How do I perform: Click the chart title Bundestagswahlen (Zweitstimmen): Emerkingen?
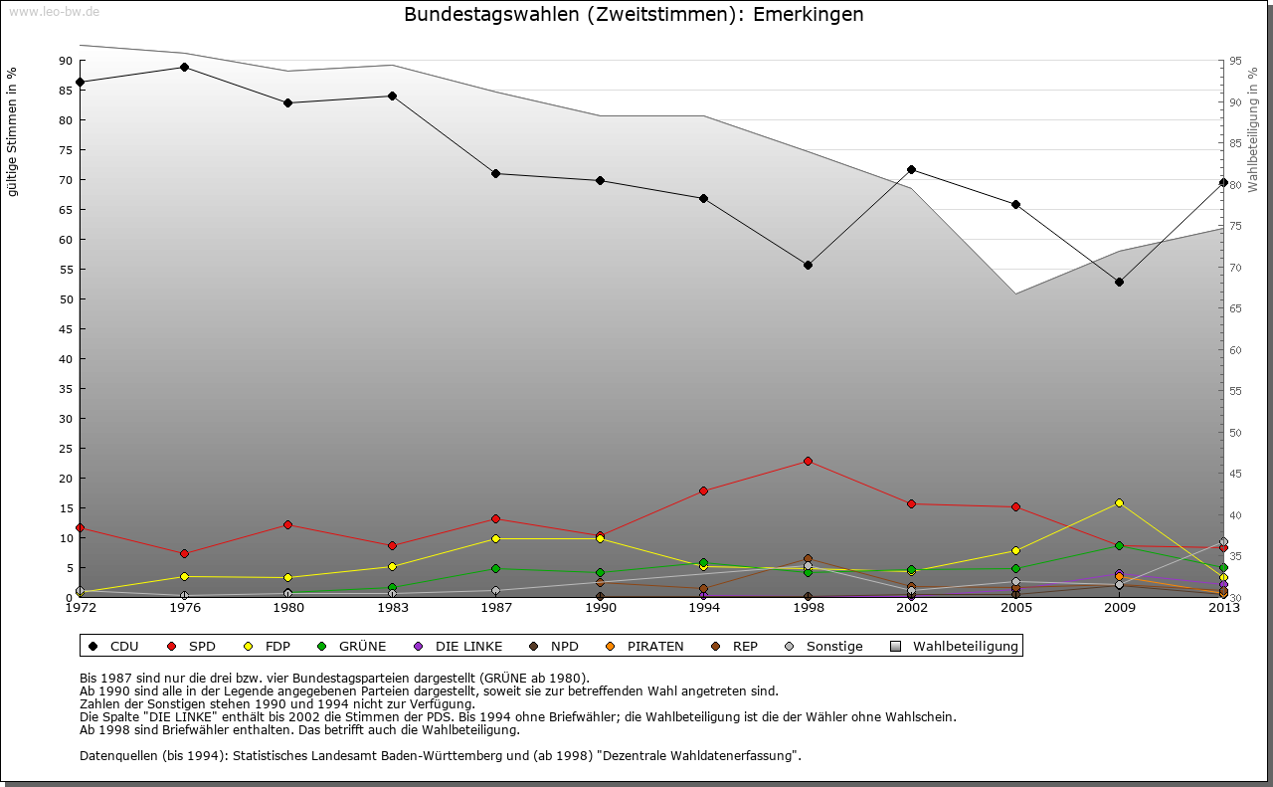click(635, 15)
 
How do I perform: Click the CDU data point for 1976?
click(184, 67)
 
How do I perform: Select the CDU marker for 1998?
click(808, 265)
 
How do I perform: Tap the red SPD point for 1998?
click(808, 461)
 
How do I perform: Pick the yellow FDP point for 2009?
click(1119, 502)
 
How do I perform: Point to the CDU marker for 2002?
click(911, 169)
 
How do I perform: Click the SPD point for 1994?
click(703, 491)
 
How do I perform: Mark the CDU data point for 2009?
click(1119, 282)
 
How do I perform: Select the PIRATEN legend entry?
click(646, 646)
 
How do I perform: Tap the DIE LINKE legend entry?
click(458, 646)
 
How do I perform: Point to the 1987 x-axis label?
click(496, 608)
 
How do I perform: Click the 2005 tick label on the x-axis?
click(1015, 608)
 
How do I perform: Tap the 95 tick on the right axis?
click(1235, 61)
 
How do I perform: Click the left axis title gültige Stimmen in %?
click(13, 132)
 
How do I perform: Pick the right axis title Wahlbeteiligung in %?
click(1253, 128)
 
